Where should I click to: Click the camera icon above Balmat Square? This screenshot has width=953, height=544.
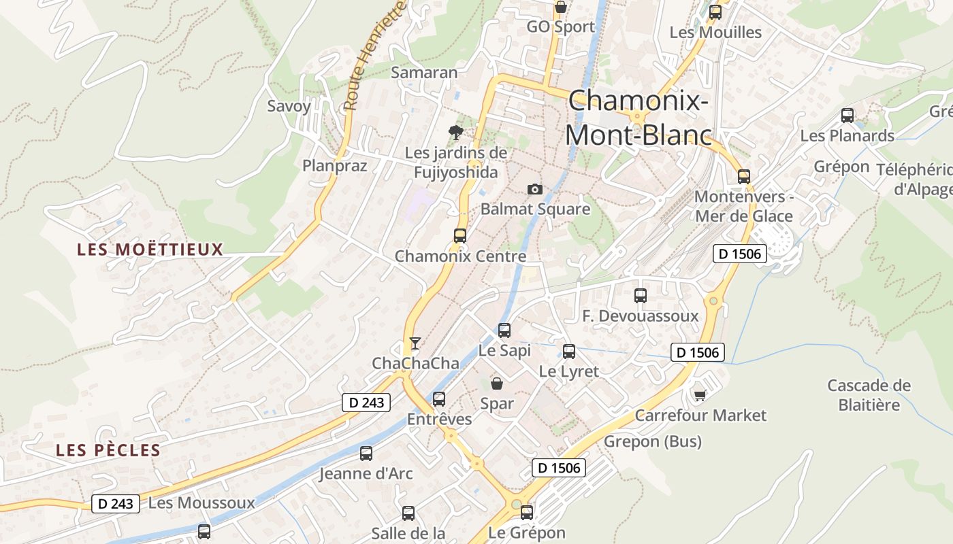pos(535,189)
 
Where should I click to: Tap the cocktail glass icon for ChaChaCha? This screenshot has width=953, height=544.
pos(415,343)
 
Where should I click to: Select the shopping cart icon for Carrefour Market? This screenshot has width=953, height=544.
pos(700,395)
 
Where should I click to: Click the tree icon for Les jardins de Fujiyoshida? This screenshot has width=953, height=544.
pos(456,132)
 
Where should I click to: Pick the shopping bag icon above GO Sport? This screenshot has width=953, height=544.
pos(561,7)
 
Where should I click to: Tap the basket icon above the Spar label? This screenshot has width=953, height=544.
pos(497,384)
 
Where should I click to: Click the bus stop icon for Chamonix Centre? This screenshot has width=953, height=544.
pos(460,236)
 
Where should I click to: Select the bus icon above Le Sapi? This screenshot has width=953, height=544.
pos(504,330)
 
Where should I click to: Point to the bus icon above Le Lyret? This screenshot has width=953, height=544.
pos(569,352)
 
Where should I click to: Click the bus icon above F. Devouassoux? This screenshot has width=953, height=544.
pos(641,296)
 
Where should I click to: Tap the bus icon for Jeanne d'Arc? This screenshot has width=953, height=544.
pos(366,454)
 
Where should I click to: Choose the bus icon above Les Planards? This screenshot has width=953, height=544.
pos(847,116)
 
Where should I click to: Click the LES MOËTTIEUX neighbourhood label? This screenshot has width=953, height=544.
pos(150,250)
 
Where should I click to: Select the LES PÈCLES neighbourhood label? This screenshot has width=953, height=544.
pos(108,450)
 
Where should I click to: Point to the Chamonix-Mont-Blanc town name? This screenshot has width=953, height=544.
pos(638,118)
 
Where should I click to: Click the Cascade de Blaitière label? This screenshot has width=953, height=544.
pos(869,395)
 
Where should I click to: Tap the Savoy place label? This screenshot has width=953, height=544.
pos(289,106)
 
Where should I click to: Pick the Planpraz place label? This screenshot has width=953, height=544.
pos(335,165)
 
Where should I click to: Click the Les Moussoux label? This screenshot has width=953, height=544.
pos(201,503)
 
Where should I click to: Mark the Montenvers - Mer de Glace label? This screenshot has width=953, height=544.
pos(743,206)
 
